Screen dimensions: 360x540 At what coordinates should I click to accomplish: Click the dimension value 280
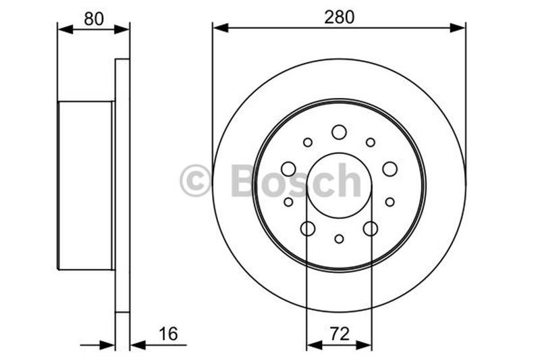tap(339, 18)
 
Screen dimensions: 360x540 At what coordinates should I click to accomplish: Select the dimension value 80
tap(93, 19)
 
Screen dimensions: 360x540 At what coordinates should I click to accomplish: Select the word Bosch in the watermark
tap(296, 181)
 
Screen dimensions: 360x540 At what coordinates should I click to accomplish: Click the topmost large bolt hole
tap(339, 132)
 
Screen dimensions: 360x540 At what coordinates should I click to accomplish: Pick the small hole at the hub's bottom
tap(339, 238)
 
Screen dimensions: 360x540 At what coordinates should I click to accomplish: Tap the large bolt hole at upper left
tap(288, 169)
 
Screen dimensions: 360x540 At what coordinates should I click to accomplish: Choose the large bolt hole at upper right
tap(389, 169)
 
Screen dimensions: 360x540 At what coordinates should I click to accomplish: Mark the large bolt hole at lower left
tap(308, 229)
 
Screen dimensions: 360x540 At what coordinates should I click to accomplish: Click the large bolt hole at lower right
tap(370, 229)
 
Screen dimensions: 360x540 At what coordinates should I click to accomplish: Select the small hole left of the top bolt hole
tap(308, 143)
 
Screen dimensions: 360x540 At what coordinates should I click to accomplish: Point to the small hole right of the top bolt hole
tap(370, 143)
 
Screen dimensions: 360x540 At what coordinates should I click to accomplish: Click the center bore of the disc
tap(339, 186)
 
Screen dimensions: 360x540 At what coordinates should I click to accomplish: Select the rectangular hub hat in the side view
tap(85, 185)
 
